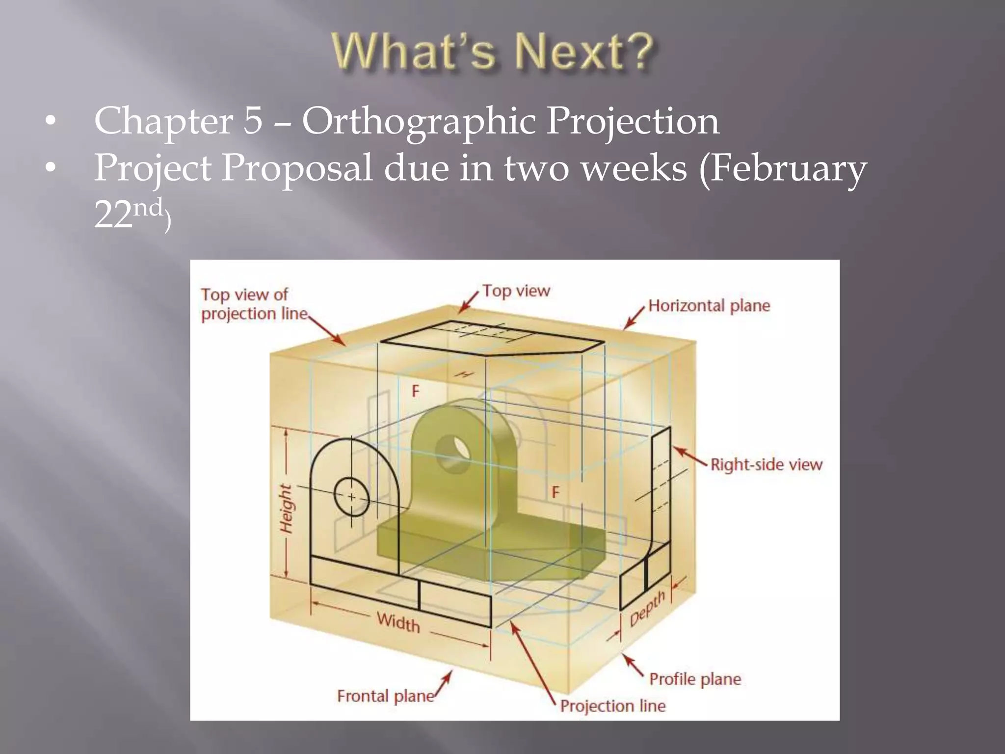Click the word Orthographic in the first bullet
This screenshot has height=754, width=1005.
pyautogui.click(x=417, y=122)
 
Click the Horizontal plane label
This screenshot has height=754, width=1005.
pyautogui.click(x=709, y=306)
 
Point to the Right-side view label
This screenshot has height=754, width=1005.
pyautogui.click(x=766, y=464)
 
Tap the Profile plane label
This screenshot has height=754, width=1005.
pyautogui.click(x=695, y=679)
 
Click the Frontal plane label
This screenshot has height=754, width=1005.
pyautogui.click(x=385, y=696)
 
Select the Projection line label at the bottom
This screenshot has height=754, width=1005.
pyautogui.click(x=612, y=706)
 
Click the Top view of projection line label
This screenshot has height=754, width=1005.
pyautogui.click(x=253, y=304)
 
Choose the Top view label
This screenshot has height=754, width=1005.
pyautogui.click(x=516, y=291)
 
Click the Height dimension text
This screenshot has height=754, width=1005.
pyautogui.click(x=286, y=508)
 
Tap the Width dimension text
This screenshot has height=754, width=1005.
pyautogui.click(x=398, y=622)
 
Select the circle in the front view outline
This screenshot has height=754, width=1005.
pyautogui.click(x=351, y=497)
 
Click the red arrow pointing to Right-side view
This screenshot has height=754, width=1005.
pyautogui.click(x=689, y=456)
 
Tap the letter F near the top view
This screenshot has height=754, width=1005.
pyautogui.click(x=416, y=391)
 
